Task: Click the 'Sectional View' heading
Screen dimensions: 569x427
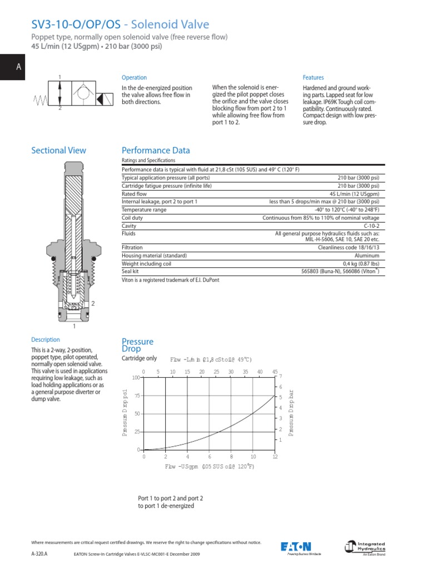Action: tap(59, 151)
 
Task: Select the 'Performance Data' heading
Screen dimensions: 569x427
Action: tap(156, 151)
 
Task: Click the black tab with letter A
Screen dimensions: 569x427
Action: tap(18, 67)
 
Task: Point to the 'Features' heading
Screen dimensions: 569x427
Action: tap(313, 78)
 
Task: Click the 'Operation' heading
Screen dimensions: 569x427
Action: tap(134, 78)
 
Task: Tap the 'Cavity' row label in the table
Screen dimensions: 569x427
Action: tap(130, 226)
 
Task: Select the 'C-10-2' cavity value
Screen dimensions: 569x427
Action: tap(371, 226)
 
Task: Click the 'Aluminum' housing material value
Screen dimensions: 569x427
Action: tap(368, 256)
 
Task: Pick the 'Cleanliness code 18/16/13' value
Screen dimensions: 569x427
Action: tap(349, 247)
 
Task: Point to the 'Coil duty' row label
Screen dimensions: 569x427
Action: tap(132, 218)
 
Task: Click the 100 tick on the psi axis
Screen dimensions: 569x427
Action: tap(136, 378)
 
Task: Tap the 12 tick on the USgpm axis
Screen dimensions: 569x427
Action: tap(275, 456)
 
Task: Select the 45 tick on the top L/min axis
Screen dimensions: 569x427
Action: tap(275, 371)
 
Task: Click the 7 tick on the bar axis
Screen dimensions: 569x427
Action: tap(281, 377)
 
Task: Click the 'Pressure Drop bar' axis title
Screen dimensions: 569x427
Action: tap(291, 413)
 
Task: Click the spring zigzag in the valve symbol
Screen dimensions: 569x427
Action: tap(41, 99)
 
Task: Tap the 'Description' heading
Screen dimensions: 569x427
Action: tap(46, 340)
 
